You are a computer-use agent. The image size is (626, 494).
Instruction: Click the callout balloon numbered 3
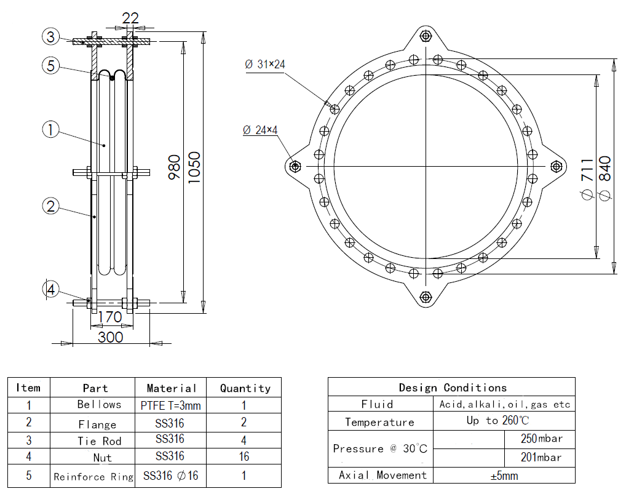[x=52, y=36]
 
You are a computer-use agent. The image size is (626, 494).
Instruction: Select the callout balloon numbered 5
[x=52, y=65]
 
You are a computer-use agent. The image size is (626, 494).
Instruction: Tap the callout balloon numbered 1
[x=52, y=129]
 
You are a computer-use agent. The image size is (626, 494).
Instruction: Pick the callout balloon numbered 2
[x=52, y=206]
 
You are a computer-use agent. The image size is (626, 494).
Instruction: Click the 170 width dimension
[x=111, y=317]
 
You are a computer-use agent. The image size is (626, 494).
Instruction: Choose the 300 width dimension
[x=111, y=337]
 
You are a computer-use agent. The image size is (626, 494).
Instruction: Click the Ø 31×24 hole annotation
[x=265, y=64]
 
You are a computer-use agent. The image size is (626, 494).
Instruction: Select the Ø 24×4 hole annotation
[x=260, y=130]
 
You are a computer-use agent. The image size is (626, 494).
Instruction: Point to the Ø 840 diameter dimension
[x=604, y=178]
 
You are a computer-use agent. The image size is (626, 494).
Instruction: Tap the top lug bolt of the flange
[x=426, y=36]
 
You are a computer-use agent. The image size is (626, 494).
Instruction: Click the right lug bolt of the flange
[x=557, y=166]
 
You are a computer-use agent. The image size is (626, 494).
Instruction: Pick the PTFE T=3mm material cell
[x=171, y=405]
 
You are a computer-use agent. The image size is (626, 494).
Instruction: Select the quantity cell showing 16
[x=244, y=457]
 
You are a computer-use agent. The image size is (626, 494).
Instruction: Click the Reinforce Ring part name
[x=93, y=477]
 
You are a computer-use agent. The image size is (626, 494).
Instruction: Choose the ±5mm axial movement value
[x=504, y=476]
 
